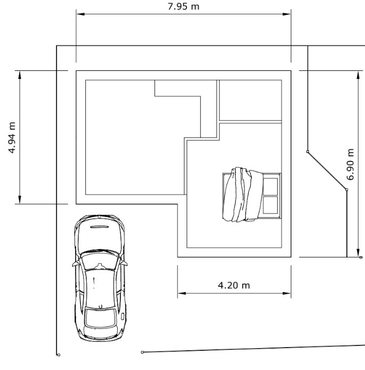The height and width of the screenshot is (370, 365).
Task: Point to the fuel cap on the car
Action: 123,316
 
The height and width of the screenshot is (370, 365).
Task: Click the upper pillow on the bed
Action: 271,187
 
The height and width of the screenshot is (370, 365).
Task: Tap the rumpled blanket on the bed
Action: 242,195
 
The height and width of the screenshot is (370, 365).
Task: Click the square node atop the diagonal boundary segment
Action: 307,152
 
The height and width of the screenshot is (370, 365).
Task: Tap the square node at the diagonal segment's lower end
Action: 346,189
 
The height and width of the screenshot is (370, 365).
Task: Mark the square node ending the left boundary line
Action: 58,354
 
